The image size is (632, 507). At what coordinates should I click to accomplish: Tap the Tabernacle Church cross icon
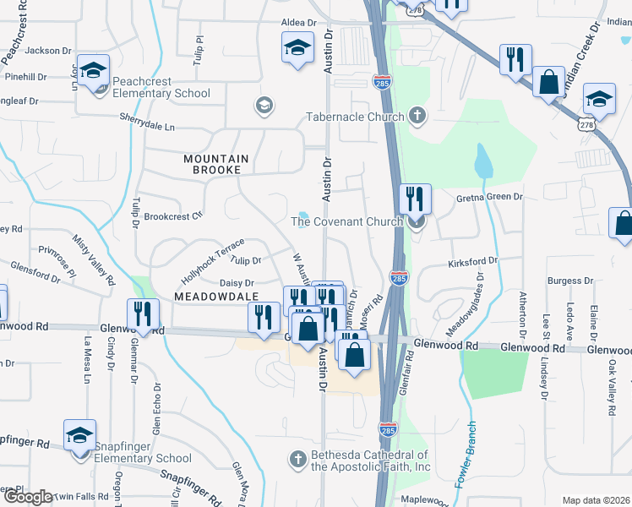pos(416,115)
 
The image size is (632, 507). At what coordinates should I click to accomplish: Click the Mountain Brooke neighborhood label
pos(216,164)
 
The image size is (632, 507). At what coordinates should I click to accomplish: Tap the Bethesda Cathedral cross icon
pos(297,459)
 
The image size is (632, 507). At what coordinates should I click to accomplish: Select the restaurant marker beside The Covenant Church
pos(415,199)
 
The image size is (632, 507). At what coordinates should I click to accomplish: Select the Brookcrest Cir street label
pos(173,215)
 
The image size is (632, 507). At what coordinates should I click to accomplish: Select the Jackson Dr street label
pos(49,51)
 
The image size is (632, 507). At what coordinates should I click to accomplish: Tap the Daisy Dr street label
pos(237,283)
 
